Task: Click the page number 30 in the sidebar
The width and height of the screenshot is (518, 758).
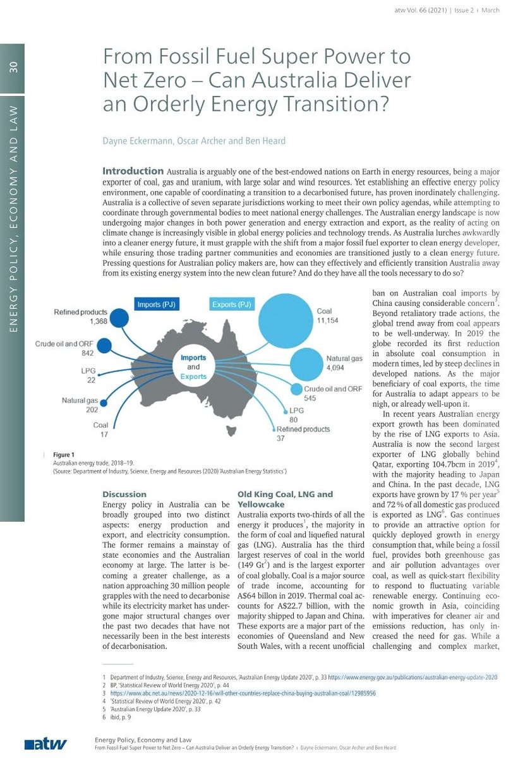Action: click(13, 68)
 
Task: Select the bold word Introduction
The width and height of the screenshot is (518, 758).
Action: click(133, 171)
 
